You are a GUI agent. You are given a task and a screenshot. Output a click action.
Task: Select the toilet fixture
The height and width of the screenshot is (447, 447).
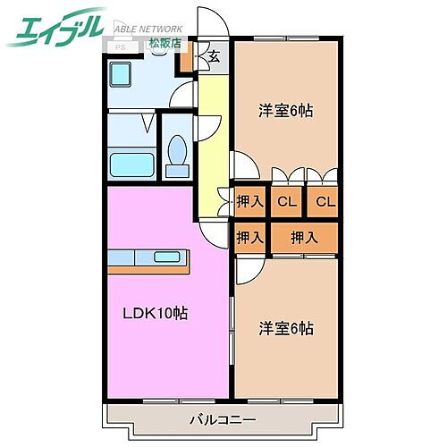(x=177, y=154)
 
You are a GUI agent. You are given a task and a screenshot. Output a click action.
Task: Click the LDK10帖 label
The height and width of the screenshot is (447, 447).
(x=155, y=314)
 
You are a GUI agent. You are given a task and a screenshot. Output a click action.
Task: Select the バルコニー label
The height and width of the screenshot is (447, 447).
(x=223, y=417)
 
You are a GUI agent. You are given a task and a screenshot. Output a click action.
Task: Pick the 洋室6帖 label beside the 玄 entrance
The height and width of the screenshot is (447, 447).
(x=286, y=111)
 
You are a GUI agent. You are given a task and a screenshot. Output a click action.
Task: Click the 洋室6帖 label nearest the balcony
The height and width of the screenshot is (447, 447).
(x=286, y=328)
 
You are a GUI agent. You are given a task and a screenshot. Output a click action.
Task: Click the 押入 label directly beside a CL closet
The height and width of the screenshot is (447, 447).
(x=250, y=203)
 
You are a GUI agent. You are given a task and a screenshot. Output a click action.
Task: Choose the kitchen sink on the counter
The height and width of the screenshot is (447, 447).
(x=165, y=257)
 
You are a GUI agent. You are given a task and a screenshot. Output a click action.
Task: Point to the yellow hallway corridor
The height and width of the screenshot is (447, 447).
(x=212, y=143)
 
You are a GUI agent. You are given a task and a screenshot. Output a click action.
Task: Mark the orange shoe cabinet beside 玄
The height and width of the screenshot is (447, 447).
(x=186, y=62)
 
